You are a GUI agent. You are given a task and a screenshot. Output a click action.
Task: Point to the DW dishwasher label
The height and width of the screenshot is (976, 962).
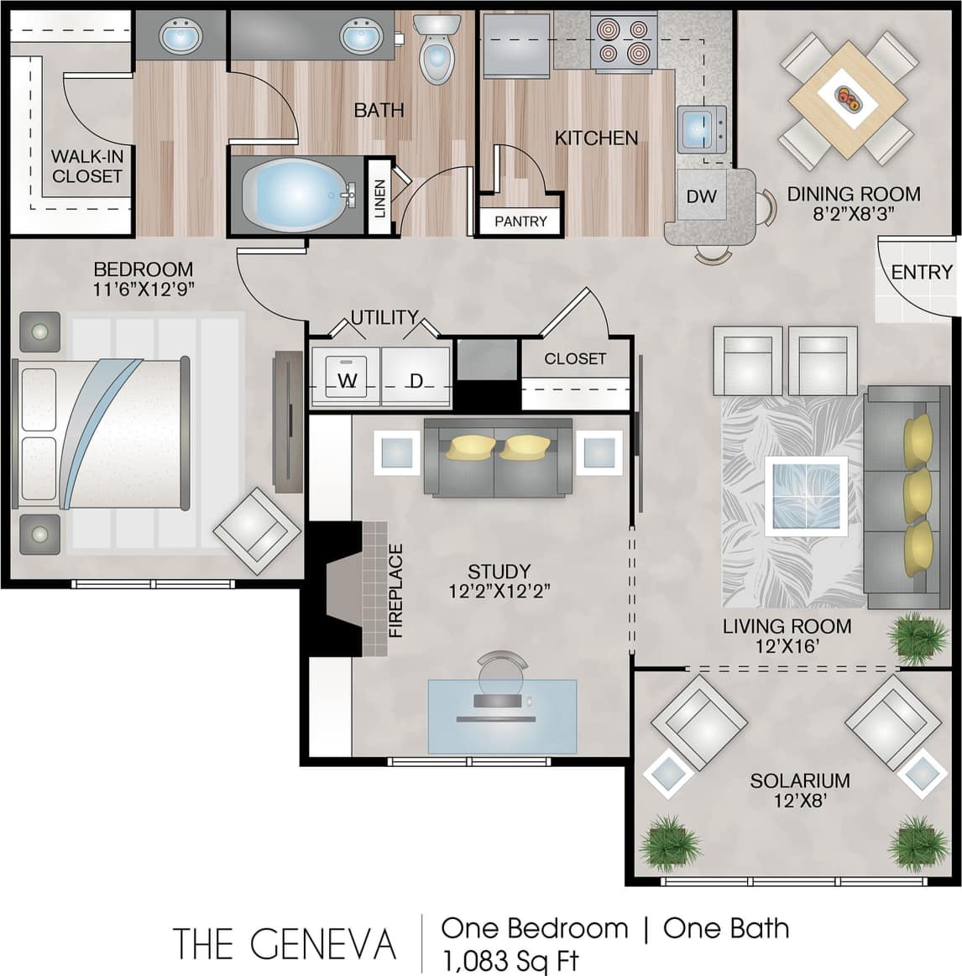(701, 196)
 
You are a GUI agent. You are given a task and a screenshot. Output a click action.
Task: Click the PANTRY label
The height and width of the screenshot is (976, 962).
(520, 222)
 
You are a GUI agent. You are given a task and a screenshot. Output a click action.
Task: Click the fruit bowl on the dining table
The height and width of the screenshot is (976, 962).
(848, 98)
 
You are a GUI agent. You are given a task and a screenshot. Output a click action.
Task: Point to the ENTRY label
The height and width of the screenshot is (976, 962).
(921, 272)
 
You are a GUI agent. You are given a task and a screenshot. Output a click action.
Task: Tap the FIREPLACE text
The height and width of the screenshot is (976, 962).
(396, 591)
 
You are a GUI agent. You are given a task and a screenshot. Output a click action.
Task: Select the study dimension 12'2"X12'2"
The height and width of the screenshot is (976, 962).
(499, 591)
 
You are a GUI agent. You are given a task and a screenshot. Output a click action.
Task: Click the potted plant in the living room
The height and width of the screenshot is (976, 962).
(918, 638)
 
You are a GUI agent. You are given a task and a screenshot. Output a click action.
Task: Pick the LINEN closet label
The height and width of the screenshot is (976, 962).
(380, 199)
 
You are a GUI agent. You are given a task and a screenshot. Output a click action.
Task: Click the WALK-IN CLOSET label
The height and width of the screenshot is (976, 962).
(86, 166)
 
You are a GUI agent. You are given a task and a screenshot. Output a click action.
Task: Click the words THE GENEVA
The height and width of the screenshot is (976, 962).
(284, 944)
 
